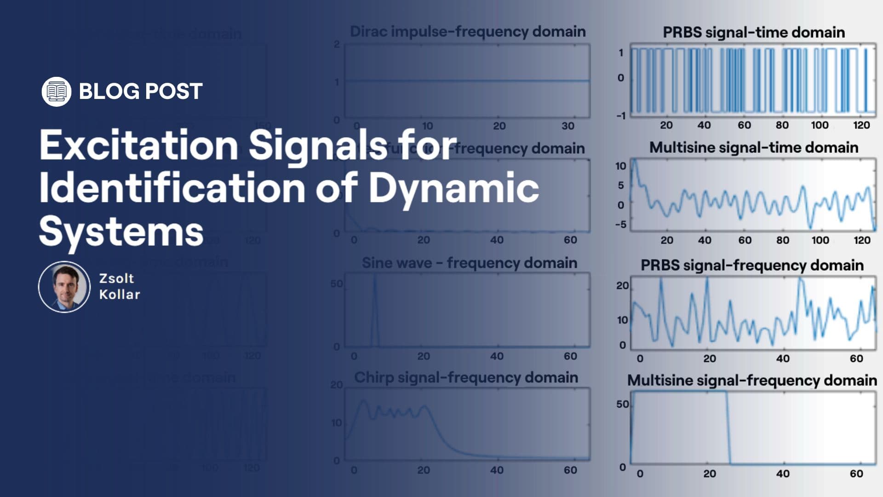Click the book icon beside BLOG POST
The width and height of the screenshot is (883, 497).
(56, 92)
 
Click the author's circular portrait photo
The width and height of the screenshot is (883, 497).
(64, 287)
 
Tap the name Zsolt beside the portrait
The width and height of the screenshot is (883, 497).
(116, 278)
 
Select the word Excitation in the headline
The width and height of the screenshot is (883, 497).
(138, 145)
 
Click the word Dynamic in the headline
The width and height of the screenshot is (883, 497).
(453, 188)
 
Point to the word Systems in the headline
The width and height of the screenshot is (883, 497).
(121, 231)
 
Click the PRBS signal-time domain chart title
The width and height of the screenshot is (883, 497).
(753, 32)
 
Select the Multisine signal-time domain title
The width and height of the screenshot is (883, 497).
(753, 147)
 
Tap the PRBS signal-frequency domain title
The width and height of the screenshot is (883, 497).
(752, 265)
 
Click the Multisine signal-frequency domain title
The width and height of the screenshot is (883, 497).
(752, 380)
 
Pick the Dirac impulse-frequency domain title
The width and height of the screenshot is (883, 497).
(468, 31)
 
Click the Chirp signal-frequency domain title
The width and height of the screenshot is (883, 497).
(466, 377)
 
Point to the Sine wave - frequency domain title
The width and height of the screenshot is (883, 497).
(469, 263)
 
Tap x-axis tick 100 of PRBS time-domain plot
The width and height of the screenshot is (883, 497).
(820, 125)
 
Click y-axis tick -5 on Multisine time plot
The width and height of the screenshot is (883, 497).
(620, 225)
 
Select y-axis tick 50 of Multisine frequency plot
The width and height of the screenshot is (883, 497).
(622, 404)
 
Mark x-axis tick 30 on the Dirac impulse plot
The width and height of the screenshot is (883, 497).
(568, 126)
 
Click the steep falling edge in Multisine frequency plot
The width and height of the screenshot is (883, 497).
(728, 428)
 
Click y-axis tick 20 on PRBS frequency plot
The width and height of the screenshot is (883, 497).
(622, 286)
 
